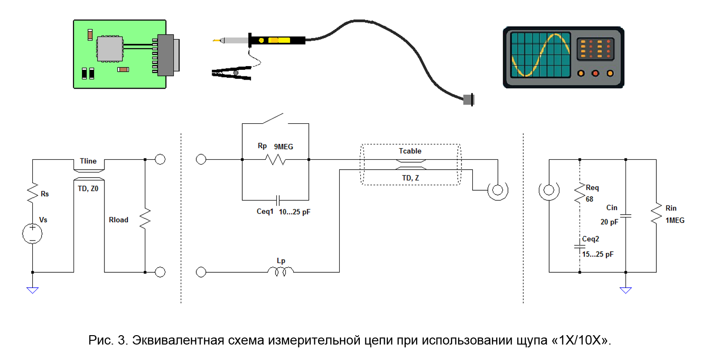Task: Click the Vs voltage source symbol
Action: pos(32,233)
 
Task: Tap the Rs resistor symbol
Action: pos(32,192)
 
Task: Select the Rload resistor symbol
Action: pos(145,218)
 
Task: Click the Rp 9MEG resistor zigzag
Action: pos(275,159)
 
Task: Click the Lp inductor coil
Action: pos(281,271)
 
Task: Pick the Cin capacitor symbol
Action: pos(625,216)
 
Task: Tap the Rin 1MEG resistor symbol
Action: pos(656,214)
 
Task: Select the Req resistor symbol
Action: pos(580,193)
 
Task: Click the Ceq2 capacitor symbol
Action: pos(580,246)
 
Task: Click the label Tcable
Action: pos(410,151)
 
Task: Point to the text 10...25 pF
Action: pos(295,212)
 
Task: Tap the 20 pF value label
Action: pos(609,222)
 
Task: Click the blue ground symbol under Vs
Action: pos(32,290)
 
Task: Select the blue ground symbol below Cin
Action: pos(625,290)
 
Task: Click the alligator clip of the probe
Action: pos(231,73)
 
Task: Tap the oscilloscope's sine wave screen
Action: pos(541,55)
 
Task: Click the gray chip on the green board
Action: pos(110,49)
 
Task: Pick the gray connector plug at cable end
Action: pos(469,100)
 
